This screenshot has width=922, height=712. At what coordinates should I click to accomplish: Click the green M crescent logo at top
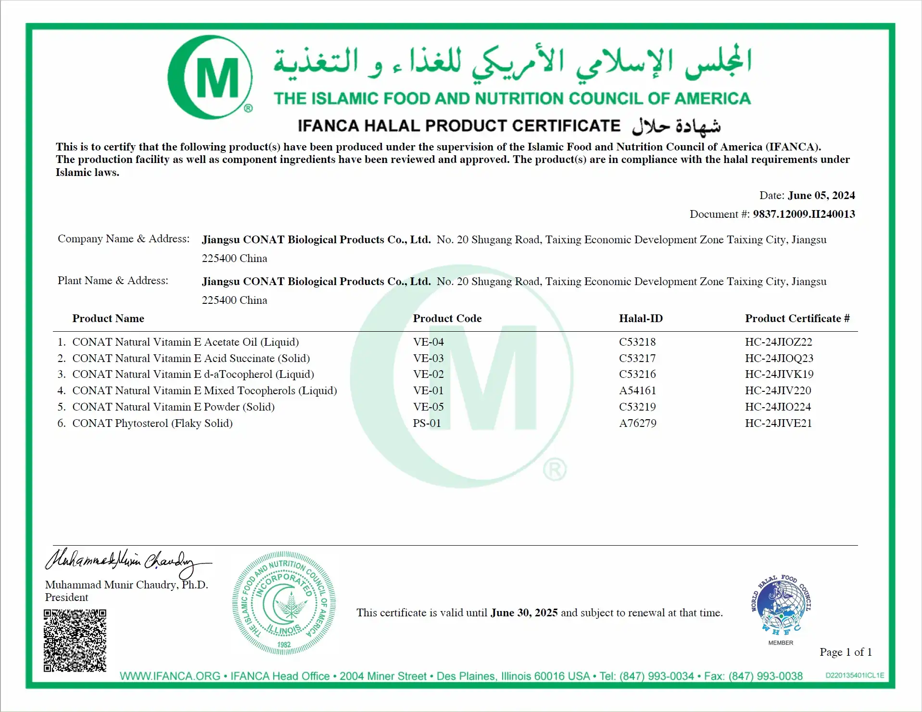click(210, 77)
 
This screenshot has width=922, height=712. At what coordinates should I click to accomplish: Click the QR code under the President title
click(75, 640)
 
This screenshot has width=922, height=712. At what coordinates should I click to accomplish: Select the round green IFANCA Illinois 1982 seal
click(284, 603)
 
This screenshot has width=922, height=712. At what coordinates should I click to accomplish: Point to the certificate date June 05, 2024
click(821, 195)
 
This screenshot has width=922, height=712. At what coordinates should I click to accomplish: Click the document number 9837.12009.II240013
click(804, 214)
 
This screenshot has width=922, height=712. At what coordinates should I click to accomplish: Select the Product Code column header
click(447, 318)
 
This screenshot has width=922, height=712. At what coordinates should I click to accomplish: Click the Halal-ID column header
click(641, 318)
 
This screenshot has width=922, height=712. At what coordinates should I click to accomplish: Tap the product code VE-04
click(428, 342)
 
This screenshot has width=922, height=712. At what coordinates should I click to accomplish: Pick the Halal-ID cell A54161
click(637, 390)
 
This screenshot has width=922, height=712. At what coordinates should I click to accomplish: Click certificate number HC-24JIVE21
click(778, 423)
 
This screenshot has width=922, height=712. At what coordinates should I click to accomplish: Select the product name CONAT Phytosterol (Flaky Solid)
click(152, 423)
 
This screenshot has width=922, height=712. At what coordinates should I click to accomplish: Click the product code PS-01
click(427, 423)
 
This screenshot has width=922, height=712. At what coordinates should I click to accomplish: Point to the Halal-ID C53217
click(637, 358)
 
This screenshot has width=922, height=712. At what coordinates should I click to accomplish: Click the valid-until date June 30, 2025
click(524, 612)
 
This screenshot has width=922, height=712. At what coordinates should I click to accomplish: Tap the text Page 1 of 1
click(846, 652)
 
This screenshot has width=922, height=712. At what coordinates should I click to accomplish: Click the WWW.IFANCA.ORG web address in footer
click(170, 676)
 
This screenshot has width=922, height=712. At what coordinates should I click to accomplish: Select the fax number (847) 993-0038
click(766, 676)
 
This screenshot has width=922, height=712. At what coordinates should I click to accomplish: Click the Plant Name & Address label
click(113, 280)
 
